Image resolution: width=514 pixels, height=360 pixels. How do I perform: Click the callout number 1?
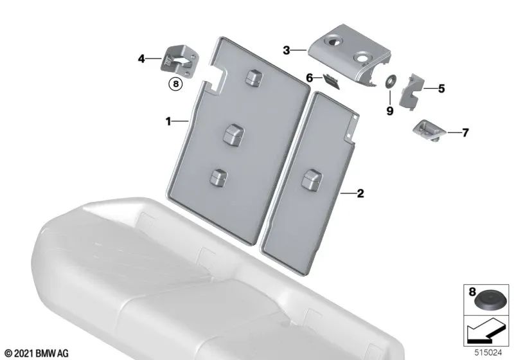[x=168, y=122]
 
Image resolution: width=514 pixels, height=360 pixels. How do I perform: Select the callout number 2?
[x=360, y=194]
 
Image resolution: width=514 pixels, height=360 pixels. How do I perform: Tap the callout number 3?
[x=287, y=51]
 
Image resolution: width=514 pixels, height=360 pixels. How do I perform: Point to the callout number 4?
[x=141, y=59]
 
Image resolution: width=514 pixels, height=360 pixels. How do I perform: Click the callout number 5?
[x=441, y=89]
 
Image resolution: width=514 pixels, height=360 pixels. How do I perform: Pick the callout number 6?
[x=310, y=78]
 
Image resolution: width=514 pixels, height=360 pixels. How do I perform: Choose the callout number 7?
[x=465, y=132]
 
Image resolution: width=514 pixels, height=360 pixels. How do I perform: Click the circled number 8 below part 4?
[x=175, y=84]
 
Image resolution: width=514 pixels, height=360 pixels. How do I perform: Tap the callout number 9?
[x=390, y=111]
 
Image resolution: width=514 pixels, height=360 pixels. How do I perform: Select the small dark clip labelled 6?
[x=331, y=80]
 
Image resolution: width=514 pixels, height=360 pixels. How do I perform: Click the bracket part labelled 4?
[x=180, y=62]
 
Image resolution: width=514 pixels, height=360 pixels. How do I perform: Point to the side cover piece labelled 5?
[x=411, y=91]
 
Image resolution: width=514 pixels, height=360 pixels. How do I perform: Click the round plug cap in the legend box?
[x=486, y=301]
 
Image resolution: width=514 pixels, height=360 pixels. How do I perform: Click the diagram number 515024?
[x=488, y=353]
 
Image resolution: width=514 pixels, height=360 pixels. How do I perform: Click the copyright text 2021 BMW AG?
[x=37, y=354]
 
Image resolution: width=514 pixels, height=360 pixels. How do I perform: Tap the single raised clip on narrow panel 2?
[x=312, y=179]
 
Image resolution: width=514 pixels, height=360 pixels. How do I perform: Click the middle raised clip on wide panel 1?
[x=233, y=134]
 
